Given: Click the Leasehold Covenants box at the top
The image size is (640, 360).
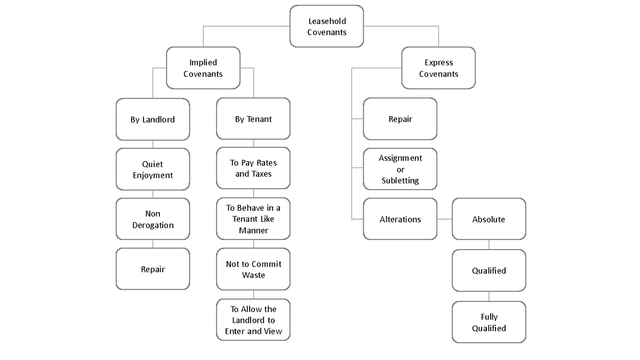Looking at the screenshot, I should click(326, 27).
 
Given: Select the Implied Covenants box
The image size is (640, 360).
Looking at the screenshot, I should click(203, 68).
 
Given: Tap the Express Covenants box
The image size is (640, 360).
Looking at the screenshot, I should click(438, 68).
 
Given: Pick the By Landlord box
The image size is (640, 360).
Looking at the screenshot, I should click(153, 119).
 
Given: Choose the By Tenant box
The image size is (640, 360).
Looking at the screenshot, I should click(253, 119).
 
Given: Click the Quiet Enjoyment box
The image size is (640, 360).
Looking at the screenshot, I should click(153, 169).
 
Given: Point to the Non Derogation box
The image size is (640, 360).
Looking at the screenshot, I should click(153, 219).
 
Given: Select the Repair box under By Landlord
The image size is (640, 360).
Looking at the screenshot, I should click(153, 269).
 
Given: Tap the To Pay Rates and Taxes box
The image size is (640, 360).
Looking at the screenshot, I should click(253, 169).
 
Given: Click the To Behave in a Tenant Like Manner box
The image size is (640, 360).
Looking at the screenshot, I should click(253, 219).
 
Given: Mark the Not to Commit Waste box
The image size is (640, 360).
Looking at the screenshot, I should click(253, 269).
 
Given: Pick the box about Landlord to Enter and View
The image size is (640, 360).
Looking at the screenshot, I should click(253, 319).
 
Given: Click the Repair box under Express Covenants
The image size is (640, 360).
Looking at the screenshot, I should click(400, 119).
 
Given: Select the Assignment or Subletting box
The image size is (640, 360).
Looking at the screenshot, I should click(400, 169).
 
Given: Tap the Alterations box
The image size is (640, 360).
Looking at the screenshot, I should click(400, 219).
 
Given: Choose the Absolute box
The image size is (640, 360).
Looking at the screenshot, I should click(489, 219).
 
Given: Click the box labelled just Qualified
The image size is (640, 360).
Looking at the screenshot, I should click(489, 270).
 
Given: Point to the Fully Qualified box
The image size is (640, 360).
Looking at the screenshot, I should click(489, 322).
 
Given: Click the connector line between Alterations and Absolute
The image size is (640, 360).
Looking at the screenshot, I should click(444, 219).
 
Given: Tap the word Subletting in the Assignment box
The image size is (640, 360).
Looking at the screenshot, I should click(400, 181).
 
